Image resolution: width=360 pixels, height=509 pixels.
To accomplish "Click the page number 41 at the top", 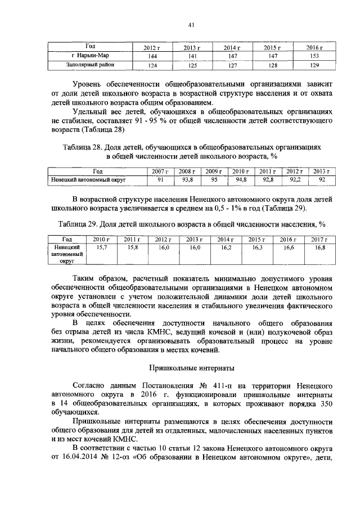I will (191, 24).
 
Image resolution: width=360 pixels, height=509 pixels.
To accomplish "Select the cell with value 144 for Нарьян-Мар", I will (152, 57).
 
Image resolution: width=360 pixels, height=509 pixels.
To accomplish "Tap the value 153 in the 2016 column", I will (315, 57).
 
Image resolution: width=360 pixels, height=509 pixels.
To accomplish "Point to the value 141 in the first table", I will (192, 57).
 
